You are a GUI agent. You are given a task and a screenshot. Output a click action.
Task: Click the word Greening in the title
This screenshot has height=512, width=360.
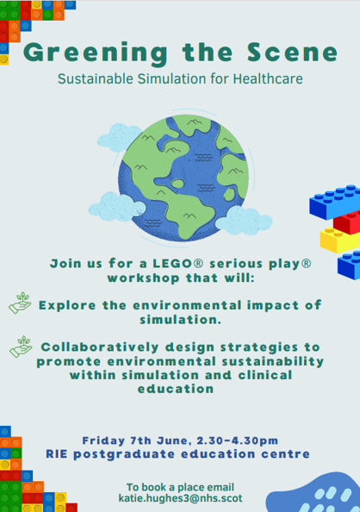coord(96,53)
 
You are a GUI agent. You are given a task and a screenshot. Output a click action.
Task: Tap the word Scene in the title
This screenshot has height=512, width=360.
coord(293,53)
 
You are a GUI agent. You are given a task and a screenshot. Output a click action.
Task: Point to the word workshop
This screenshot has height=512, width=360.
coord(144,278)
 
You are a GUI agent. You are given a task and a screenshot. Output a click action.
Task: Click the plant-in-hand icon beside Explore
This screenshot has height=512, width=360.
coord(20,303)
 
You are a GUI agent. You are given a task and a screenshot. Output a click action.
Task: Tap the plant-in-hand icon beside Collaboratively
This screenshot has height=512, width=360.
coord(21,347)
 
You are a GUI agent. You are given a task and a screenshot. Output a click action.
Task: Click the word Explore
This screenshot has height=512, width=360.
coord(67,306)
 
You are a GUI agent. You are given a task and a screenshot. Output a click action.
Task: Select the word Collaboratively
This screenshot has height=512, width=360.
coord(100,347)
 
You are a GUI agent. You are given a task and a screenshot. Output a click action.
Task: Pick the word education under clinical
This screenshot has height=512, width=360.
coord(176,389)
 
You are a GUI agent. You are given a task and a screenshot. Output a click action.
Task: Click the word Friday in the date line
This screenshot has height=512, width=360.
coord(103,440)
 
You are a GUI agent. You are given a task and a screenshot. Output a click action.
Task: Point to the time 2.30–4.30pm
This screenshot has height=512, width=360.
coord(238,440)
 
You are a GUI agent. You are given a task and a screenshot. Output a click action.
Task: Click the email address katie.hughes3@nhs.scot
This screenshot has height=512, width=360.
coord(181,498)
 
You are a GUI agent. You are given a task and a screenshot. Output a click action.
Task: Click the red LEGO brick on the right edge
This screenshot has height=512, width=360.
coord(347,222)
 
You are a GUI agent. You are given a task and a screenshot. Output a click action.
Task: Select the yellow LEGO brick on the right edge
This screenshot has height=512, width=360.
coord(339,240)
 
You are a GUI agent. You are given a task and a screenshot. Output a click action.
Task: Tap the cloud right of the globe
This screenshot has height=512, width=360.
coord(244,221)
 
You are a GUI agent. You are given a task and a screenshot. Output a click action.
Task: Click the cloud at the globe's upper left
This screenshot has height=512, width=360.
coord(119,137)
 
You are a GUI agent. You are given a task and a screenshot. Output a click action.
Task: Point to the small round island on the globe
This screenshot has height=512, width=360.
coord(177,184)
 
